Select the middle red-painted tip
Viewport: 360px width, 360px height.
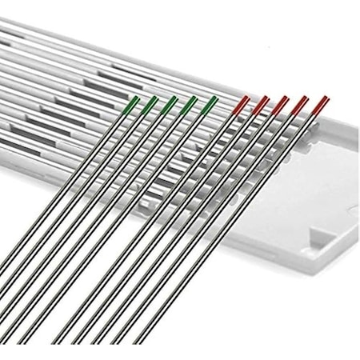pyautogui.click(x=282, y=102)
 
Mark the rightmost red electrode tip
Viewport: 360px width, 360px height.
pyautogui.click(x=322, y=102)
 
